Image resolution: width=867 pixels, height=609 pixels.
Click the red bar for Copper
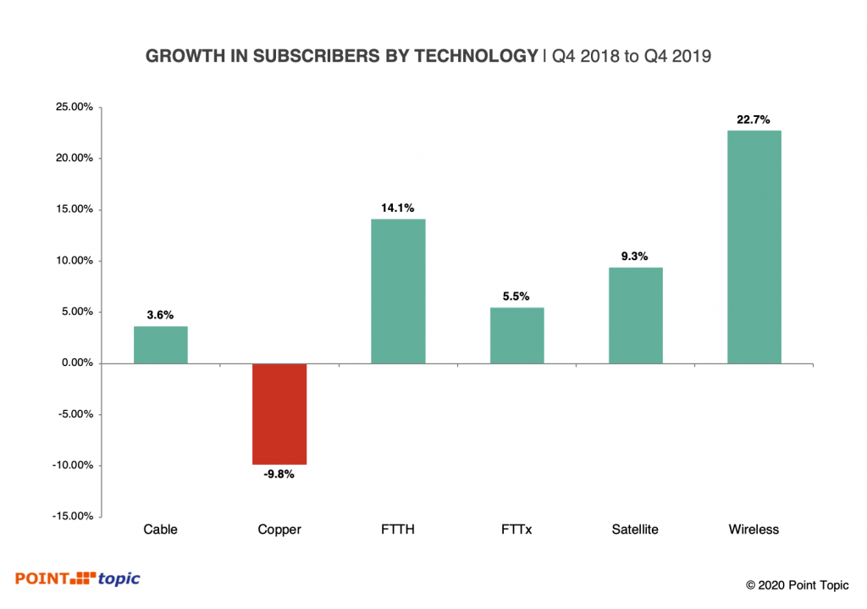(x=279, y=413)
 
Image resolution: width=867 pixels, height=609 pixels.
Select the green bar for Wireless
(x=754, y=246)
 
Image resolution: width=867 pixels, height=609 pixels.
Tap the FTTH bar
(x=398, y=291)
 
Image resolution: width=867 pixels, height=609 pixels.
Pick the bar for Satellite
(x=635, y=315)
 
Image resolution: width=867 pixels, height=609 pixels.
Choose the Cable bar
(x=160, y=345)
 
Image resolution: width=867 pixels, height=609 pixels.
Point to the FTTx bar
(x=516, y=335)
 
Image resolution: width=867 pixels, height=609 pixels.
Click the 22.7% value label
(x=754, y=120)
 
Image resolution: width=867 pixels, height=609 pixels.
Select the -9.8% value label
(x=279, y=474)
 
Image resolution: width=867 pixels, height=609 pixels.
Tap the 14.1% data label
(x=398, y=208)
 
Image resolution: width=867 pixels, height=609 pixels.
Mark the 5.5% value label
(x=516, y=296)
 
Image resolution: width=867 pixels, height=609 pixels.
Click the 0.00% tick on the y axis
(x=74, y=363)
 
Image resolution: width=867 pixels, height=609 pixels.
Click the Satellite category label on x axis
(x=635, y=530)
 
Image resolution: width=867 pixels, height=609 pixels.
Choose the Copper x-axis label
(x=279, y=530)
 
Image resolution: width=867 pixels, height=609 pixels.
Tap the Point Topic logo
(x=77, y=579)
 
